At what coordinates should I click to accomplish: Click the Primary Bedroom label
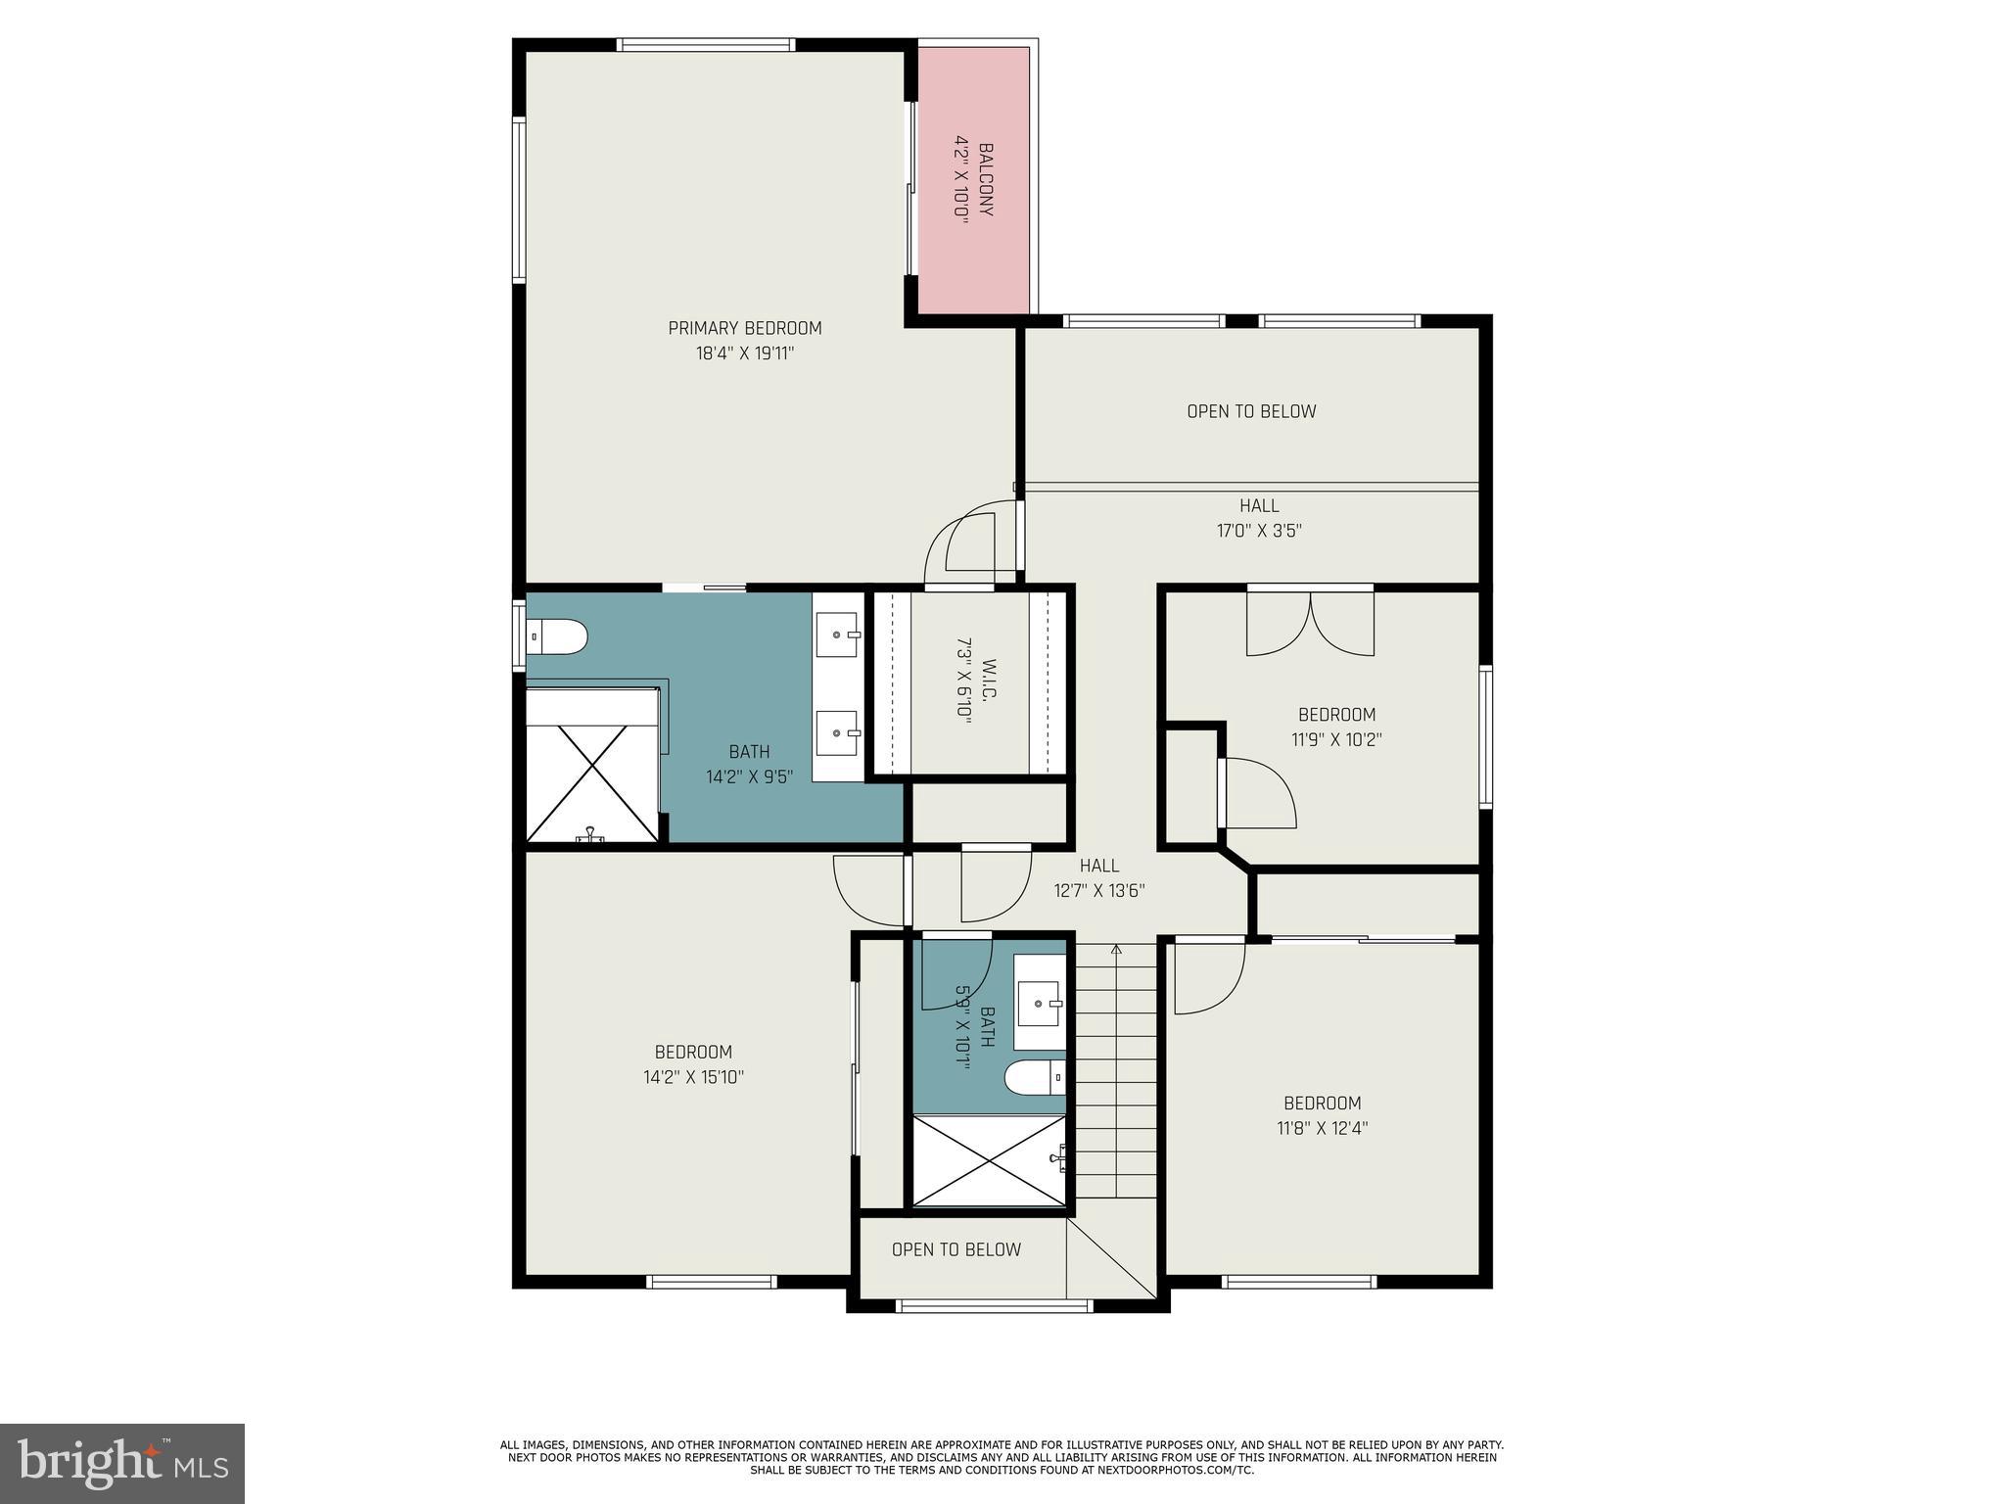(x=744, y=328)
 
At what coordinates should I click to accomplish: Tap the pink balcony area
(x=973, y=181)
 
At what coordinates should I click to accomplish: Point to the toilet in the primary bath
(x=556, y=637)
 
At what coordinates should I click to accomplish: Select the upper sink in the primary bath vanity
(x=836, y=634)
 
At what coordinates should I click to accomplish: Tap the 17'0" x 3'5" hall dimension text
(x=1259, y=531)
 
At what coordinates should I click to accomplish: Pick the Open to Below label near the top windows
(x=1251, y=411)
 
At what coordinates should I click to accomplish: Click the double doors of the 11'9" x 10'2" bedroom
(x=1310, y=624)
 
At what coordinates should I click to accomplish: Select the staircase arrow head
(x=1116, y=949)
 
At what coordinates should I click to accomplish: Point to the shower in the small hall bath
(x=989, y=1161)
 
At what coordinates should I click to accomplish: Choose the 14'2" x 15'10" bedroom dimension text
(x=693, y=1077)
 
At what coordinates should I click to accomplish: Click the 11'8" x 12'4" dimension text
(x=1322, y=1128)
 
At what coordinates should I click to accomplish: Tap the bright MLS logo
(x=121, y=1463)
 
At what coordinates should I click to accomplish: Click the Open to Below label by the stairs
(x=956, y=1249)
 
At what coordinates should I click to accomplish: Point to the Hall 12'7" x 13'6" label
(x=1099, y=877)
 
